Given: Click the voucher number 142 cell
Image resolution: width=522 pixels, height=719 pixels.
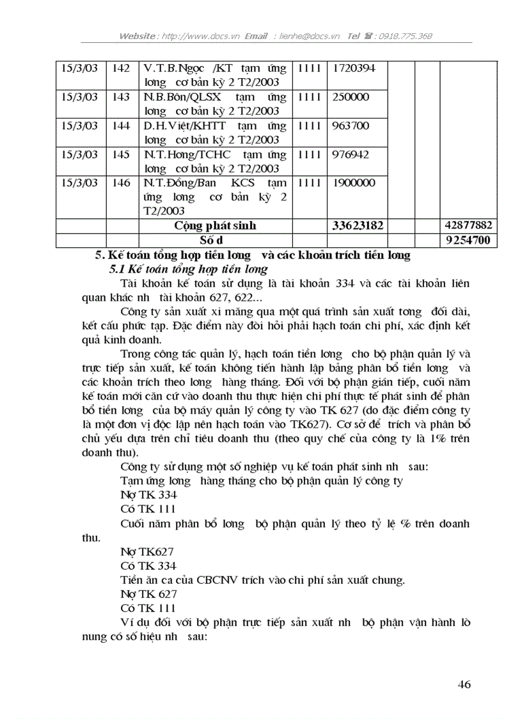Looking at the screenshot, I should pyautogui.click(x=121, y=68).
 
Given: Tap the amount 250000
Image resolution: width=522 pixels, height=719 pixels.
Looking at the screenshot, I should pyautogui.click(x=351, y=97).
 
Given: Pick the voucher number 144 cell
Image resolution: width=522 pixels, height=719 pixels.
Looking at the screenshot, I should pyautogui.click(x=121, y=125).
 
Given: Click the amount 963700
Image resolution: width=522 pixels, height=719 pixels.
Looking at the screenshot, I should pyautogui.click(x=351, y=125).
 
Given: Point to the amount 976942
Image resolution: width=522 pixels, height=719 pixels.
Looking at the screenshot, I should pyautogui.click(x=351, y=154).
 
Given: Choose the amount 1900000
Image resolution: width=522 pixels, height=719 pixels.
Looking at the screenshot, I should pyautogui.click(x=353, y=183).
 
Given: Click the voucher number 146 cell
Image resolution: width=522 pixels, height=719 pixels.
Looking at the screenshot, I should pyautogui.click(x=121, y=183).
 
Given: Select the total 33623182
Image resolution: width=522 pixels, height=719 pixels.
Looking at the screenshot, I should pyautogui.click(x=358, y=226).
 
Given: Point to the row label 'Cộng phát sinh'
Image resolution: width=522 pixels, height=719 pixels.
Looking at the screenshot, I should pyautogui.click(x=215, y=226).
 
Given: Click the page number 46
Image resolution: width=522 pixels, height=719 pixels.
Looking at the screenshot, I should pyautogui.click(x=464, y=685).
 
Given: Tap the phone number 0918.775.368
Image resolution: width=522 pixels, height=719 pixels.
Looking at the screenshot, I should pyautogui.click(x=405, y=36).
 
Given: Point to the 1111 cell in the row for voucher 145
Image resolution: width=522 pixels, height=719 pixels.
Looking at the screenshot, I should pyautogui.click(x=310, y=154).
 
